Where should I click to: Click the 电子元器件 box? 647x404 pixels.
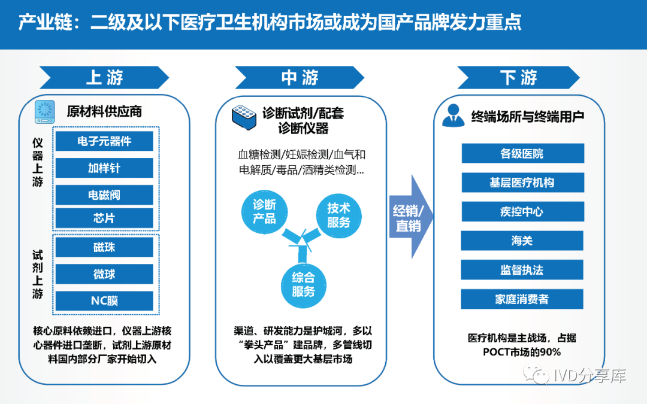(104, 141)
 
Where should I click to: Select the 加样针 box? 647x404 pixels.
(104, 168)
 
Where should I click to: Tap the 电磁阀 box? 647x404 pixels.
(104, 195)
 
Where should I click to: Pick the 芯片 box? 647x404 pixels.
(104, 218)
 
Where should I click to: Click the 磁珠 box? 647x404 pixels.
(104, 248)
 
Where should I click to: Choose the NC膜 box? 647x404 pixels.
(104, 300)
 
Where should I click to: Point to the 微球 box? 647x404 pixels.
(104, 274)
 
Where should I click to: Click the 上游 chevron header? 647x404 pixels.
(104, 77)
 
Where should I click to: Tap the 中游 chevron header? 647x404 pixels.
(300, 77)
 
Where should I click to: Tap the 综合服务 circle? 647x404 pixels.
(303, 284)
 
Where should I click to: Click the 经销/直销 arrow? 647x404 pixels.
(410, 218)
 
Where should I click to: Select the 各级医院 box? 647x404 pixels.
(522, 153)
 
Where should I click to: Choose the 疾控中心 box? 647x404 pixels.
(522, 212)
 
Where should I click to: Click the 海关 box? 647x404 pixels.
(522, 241)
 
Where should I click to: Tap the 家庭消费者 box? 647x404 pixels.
(522, 299)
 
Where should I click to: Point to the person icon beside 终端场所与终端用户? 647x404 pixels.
(453, 116)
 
